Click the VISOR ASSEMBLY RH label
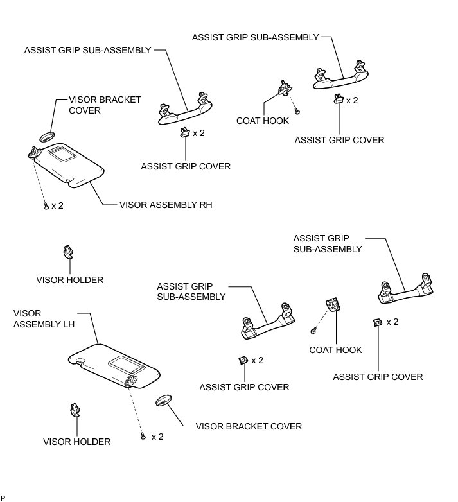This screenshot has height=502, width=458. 166,205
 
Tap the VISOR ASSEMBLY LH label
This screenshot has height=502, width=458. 44,318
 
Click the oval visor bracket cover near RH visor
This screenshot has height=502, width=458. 48,137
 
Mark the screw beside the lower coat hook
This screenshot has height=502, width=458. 313,331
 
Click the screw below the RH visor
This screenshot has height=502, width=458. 46,205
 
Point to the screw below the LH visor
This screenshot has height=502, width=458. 143,437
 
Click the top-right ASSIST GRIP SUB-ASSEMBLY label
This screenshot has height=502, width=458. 255,38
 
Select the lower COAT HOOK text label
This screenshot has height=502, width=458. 335,350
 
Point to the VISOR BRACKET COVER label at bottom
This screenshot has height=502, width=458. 249,426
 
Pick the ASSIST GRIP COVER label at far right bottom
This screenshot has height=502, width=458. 378,377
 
